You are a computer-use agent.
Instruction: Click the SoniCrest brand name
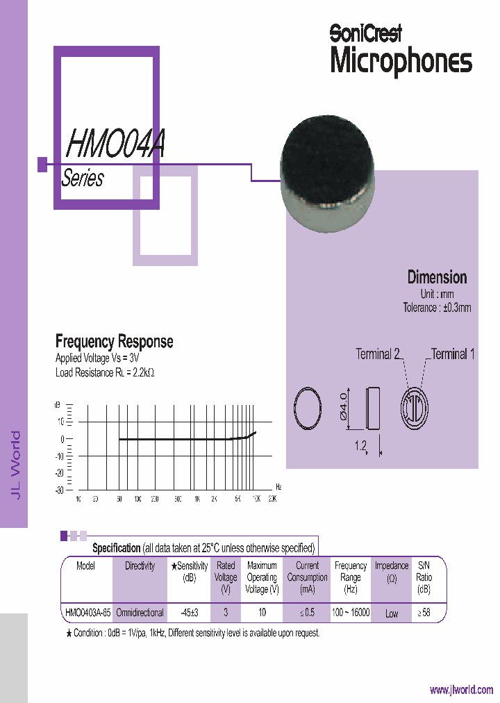pos(365,32)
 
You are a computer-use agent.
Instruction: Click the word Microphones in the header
pos(401,60)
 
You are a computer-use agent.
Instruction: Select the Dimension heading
pos(437,277)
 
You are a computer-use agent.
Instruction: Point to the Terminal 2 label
pos(378,354)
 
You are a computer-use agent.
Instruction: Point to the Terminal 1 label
pos(453,354)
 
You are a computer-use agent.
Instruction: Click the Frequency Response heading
pos(114,342)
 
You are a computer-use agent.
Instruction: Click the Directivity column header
pos(140,566)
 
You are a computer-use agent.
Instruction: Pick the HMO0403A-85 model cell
pos(87,613)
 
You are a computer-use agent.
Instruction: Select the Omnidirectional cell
pos(140,613)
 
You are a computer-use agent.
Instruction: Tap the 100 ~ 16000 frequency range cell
pos(351,613)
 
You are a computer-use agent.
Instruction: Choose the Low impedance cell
pos(392,614)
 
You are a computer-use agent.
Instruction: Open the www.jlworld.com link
pos(461,690)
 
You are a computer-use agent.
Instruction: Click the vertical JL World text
pos(15,464)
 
